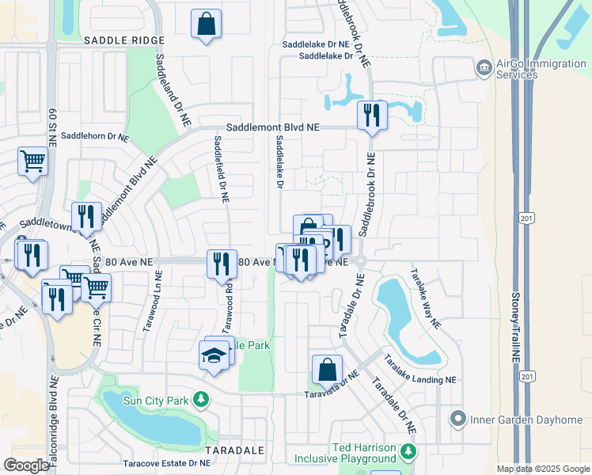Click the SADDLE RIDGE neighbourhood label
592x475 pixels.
coord(123,40)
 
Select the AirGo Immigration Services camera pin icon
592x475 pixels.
coord(483,69)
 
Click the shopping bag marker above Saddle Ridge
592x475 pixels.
coord(206,24)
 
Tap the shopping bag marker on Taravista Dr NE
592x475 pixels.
coord(327,370)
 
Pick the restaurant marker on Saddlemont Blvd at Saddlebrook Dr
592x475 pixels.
coord(371,116)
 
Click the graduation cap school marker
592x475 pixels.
coord(214,356)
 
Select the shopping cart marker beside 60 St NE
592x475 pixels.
coord(33,161)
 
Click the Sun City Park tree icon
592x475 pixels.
coord(203,400)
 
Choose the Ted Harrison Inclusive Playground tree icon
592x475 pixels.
coord(408,452)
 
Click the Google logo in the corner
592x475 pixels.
coord(26,465)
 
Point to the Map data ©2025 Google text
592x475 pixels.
coord(542,469)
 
